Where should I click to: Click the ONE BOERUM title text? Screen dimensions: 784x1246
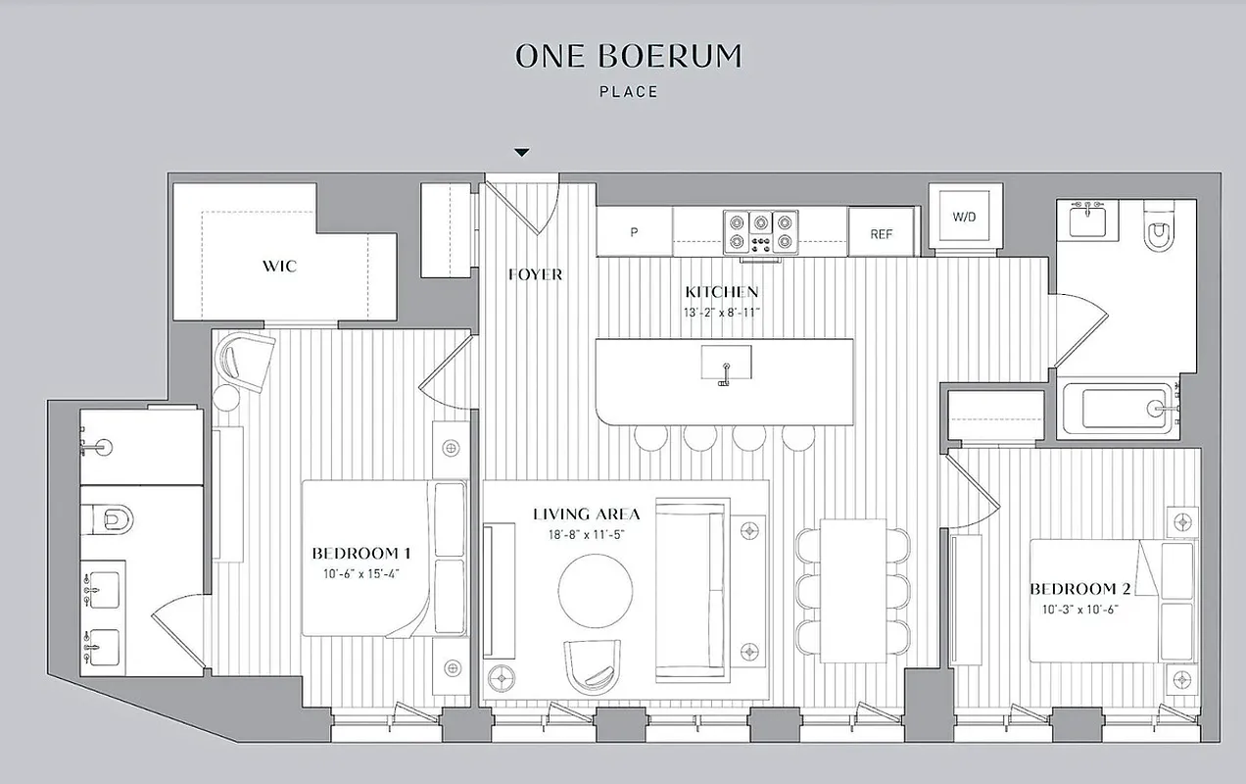628,57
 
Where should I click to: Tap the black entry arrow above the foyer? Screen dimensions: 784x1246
522,152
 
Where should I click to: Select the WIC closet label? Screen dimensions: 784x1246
279,266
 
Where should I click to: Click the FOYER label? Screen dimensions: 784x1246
535,274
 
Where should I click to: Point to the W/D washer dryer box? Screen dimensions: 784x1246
964,217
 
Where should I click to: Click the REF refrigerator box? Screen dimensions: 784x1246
883,234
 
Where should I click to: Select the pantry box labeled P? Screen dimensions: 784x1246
635,233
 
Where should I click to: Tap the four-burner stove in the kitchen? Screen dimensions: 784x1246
760,233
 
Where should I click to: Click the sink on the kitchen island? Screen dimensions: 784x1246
726,363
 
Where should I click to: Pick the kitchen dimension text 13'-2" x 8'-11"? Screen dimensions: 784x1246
722,312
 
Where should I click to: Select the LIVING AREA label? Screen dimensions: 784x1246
587,514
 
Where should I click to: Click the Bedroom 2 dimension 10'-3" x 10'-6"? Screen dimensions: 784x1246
1073,609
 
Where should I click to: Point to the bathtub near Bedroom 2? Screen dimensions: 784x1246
1123,408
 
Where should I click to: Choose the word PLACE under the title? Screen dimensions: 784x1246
628,92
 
